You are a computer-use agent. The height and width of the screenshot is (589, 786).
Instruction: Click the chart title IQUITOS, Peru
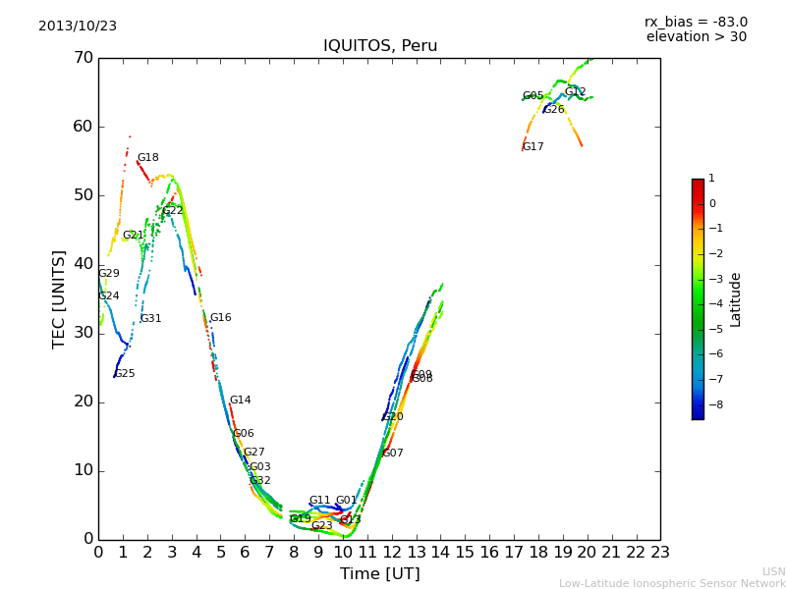380,46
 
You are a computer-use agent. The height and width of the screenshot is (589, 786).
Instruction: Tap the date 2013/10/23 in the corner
78,26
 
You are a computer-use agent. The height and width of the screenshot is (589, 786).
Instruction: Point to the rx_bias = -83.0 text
696,22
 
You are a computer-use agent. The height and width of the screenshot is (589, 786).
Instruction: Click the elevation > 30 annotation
697,37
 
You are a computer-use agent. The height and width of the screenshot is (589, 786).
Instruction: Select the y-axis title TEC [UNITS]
59,298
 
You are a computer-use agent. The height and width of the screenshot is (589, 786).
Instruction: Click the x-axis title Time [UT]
379,574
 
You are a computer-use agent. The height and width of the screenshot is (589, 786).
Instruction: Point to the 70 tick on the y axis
83,58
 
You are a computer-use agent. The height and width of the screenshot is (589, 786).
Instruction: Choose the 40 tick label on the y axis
83,264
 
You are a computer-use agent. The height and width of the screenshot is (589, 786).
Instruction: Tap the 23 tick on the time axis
660,553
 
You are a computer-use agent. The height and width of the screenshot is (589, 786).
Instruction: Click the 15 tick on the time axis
465,553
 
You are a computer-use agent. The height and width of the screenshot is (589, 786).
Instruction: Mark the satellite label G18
147,158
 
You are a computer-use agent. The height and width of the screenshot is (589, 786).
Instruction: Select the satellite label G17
533,147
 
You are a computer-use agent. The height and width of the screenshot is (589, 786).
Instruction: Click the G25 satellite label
125,374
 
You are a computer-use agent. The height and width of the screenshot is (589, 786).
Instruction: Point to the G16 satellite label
220,318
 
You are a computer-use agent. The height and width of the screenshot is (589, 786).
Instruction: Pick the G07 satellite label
393,454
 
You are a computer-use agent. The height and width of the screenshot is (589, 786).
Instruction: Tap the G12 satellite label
575,92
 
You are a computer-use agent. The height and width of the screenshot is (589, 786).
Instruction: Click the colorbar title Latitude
736,299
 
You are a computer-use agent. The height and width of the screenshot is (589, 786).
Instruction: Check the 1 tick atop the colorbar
711,179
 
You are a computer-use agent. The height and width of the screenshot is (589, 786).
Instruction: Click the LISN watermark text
774,571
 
